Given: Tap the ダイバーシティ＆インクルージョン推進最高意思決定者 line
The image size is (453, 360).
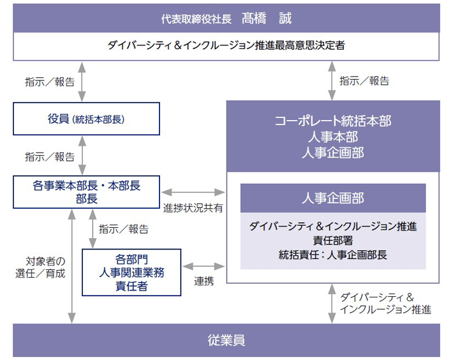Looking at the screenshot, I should [226, 45].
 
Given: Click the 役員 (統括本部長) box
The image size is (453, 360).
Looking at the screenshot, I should [86, 119].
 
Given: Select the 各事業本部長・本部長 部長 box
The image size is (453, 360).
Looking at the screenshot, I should [86, 192].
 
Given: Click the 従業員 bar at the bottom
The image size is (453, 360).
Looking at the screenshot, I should [226, 340].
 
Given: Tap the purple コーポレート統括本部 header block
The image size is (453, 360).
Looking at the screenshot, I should [332, 135].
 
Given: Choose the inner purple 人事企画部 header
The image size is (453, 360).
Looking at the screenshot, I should [332, 199].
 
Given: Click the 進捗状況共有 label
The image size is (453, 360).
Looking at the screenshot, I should [193, 208].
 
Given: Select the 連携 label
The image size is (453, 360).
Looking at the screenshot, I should [204, 281].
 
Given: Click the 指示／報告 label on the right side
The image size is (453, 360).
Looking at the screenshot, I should [364, 81].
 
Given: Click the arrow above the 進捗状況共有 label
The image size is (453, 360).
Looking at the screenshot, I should [193, 191].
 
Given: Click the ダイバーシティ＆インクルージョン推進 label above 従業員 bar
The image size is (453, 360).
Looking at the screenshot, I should [385, 303].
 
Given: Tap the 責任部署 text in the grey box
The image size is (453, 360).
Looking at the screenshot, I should [332, 241].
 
